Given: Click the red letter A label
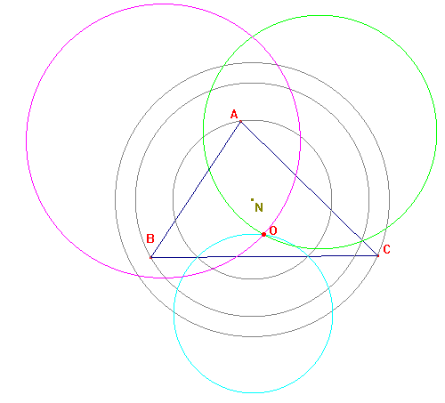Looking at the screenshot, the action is click(x=234, y=114).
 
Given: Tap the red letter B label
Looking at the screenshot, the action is click(x=150, y=238).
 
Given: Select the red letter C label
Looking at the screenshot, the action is click(x=386, y=249).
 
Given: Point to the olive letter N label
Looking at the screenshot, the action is click(x=259, y=207).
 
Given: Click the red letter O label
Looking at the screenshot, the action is click(x=273, y=230).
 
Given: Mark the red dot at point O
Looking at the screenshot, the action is click(x=263, y=235).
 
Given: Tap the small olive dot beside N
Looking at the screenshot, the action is click(x=252, y=199).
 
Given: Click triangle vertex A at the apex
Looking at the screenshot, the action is click(x=240, y=121).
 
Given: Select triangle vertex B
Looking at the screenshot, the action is click(x=150, y=257).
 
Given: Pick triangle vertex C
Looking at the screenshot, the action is click(x=377, y=255).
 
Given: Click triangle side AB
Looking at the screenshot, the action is click(x=196, y=189).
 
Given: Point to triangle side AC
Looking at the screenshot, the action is click(x=309, y=189).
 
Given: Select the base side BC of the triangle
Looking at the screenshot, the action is click(x=264, y=256).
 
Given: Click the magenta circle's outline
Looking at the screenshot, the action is click(x=27, y=141).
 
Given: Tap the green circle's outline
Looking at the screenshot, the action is click(x=436, y=132).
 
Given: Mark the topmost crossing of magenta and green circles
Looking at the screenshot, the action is click(x=252, y=36).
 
